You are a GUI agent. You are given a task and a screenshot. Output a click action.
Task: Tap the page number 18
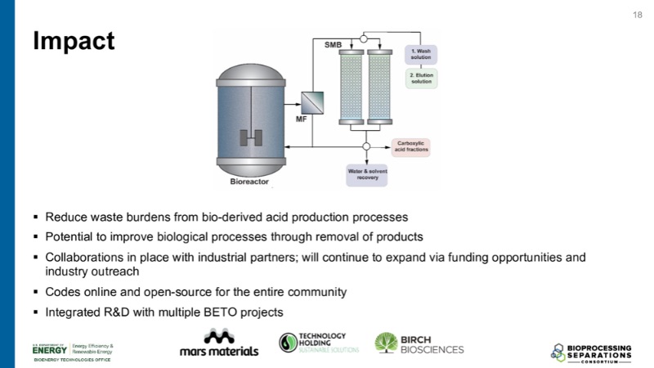[x=638, y=16]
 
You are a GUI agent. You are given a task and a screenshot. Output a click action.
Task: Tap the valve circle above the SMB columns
[x=365, y=38]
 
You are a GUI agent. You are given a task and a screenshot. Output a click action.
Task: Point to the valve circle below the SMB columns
[x=366, y=146]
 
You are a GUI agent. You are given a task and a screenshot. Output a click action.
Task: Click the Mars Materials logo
[x=218, y=343]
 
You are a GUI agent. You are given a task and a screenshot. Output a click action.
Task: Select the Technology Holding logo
[x=312, y=343]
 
